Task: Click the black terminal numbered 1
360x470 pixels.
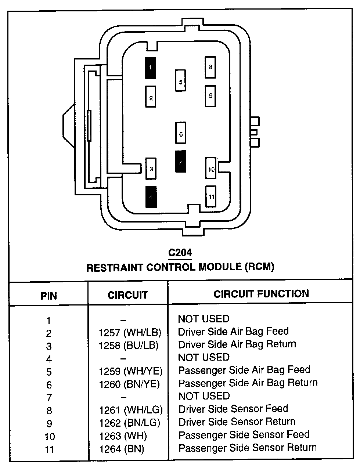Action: [151, 68]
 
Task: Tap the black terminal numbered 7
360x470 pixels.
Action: [180, 161]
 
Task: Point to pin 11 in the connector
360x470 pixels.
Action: [211, 196]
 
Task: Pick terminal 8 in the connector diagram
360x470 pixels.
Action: [210, 67]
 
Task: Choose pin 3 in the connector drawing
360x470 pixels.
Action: [151, 169]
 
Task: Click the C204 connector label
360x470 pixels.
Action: [180, 253]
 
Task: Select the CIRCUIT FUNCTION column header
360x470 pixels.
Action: [261, 293]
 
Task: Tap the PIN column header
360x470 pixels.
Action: [48, 296]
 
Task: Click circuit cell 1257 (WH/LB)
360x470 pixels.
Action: [130, 333]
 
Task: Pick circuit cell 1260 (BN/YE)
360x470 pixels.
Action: [129, 384]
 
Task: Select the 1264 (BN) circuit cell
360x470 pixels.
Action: [122, 448]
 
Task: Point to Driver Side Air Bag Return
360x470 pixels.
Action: [237, 344]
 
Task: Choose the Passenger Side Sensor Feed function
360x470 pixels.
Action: [244, 435]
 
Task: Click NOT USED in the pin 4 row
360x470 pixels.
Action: [204, 357]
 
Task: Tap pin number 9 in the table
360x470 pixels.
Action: [49, 423]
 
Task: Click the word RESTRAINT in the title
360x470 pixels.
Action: [115, 267]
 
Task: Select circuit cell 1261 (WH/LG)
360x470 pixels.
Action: [131, 410]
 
